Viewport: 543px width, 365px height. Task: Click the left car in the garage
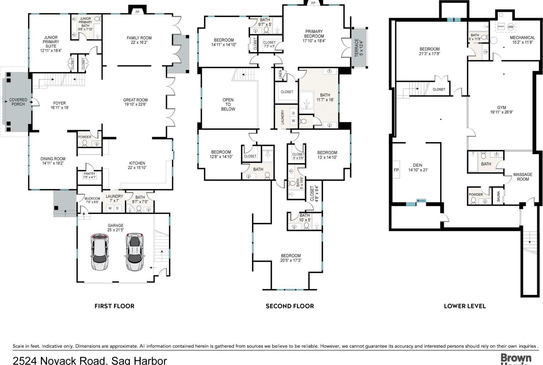100,252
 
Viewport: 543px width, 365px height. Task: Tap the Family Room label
139,38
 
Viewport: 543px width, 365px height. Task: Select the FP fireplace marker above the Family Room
137,12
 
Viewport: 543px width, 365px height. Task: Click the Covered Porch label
18,102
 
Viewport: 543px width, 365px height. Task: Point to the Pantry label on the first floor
90,173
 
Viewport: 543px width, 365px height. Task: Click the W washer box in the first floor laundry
110,208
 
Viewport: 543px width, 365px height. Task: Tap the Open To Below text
228,104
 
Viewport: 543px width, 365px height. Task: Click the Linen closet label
281,75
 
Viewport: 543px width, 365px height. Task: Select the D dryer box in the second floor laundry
293,113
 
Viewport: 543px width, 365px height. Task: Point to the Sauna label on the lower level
499,196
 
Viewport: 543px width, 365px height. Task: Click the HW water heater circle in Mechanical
511,27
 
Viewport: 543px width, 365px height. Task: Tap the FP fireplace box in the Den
396,170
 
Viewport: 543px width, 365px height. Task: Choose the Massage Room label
523,177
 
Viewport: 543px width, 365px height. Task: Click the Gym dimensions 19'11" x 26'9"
501,112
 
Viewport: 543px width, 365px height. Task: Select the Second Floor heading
290,306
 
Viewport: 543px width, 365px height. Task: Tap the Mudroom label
92,198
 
